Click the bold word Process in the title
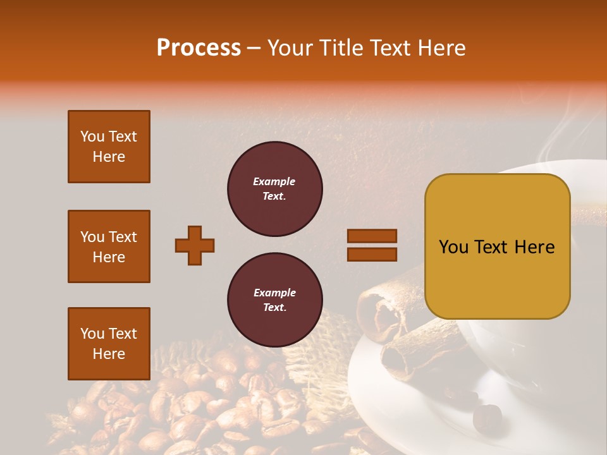199,48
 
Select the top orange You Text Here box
109,147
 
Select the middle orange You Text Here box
109,246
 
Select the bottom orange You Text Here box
109,344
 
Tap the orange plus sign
195,245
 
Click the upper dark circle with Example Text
274,189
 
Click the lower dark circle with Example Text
274,300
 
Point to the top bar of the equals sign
372,236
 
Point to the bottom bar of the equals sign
372,254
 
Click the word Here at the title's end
444,48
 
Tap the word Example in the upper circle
274,182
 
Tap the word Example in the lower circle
274,293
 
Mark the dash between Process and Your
254,48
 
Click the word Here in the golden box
534,247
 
